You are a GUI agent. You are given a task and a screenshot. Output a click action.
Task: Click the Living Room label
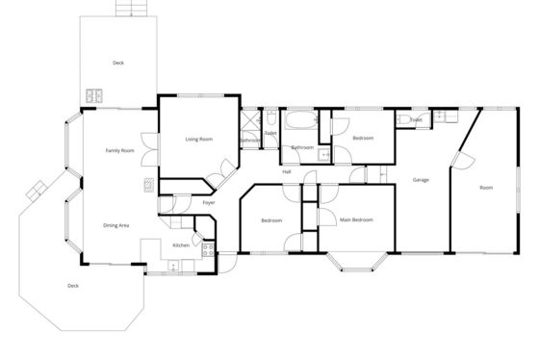(199, 140)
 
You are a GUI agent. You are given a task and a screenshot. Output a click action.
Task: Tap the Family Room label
(120, 150)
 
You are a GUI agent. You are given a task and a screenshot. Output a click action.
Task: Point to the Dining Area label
(116, 225)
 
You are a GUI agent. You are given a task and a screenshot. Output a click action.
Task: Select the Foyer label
(209, 203)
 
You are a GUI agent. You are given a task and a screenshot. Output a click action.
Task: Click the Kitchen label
(181, 245)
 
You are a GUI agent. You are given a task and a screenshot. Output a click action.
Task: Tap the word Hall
(287, 171)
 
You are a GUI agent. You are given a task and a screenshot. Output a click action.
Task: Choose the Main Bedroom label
(356, 219)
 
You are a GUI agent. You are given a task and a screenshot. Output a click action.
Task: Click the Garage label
(421, 180)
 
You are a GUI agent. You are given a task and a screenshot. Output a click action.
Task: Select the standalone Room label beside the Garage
(486, 188)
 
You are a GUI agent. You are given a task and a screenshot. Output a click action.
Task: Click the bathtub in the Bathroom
(301, 120)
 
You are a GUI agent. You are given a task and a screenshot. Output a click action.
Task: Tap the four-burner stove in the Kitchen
(208, 250)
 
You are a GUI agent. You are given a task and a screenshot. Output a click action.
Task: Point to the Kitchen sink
(173, 266)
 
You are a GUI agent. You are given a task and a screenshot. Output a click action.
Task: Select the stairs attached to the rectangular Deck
(132, 8)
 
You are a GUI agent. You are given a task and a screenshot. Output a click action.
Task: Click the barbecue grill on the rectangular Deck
(94, 96)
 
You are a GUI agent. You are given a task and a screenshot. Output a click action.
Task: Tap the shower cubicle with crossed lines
(250, 120)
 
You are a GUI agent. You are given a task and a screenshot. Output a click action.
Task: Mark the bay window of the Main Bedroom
(357, 262)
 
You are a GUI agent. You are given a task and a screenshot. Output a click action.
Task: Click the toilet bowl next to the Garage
(404, 119)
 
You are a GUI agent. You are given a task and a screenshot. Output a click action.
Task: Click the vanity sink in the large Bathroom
(323, 155)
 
